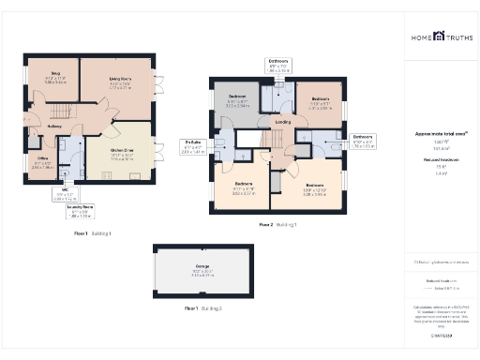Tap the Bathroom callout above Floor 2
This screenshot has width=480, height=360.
click(278, 67)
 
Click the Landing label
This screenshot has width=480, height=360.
click(282, 122)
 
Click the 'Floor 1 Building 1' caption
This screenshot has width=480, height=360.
click(93, 232)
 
